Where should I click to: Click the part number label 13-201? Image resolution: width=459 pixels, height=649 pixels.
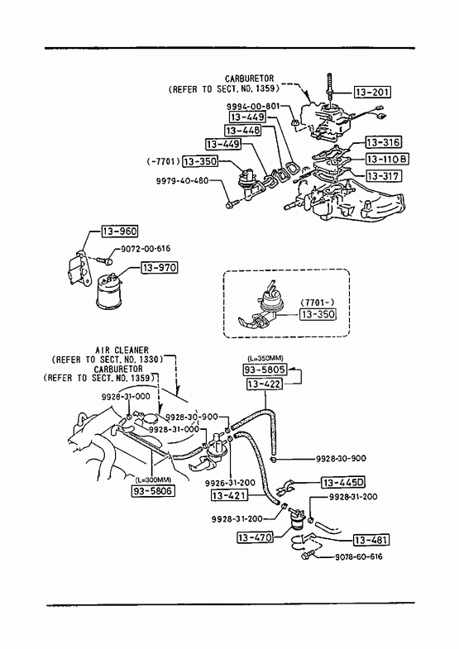tap(372, 92)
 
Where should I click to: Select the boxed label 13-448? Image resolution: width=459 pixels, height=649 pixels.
tap(243, 131)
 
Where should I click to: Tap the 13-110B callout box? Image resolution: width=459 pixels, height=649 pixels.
tap(387, 159)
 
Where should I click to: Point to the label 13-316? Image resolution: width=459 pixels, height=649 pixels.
tap(383, 142)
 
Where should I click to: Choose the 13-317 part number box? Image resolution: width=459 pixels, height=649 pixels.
tap(383, 176)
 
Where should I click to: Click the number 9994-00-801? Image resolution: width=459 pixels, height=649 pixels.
tap(253, 106)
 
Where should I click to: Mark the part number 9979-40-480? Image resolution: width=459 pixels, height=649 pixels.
tap(182, 180)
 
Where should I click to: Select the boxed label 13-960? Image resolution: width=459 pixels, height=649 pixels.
tap(120, 231)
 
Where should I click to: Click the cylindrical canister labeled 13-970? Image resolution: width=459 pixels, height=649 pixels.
tap(109, 293)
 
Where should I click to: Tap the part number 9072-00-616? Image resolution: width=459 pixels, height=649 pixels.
tap(146, 249)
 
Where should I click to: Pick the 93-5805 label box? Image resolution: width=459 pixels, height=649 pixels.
tap(265, 370)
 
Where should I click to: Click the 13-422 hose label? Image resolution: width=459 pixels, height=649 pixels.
tap(265, 384)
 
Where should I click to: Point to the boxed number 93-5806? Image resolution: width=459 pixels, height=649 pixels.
tap(153, 491)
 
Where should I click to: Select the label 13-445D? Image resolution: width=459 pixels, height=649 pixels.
tap(343, 483)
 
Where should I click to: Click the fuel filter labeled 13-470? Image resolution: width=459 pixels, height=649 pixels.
tap(297, 519)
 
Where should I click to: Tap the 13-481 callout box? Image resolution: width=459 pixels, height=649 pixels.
tap(371, 540)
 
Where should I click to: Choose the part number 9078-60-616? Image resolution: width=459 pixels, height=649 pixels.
tap(358, 556)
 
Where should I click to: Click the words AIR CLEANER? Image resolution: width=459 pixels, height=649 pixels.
tap(122, 351)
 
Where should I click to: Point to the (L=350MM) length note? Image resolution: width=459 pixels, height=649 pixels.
tap(265, 358)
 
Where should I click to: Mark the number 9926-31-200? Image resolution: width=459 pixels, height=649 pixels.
tap(230, 483)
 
